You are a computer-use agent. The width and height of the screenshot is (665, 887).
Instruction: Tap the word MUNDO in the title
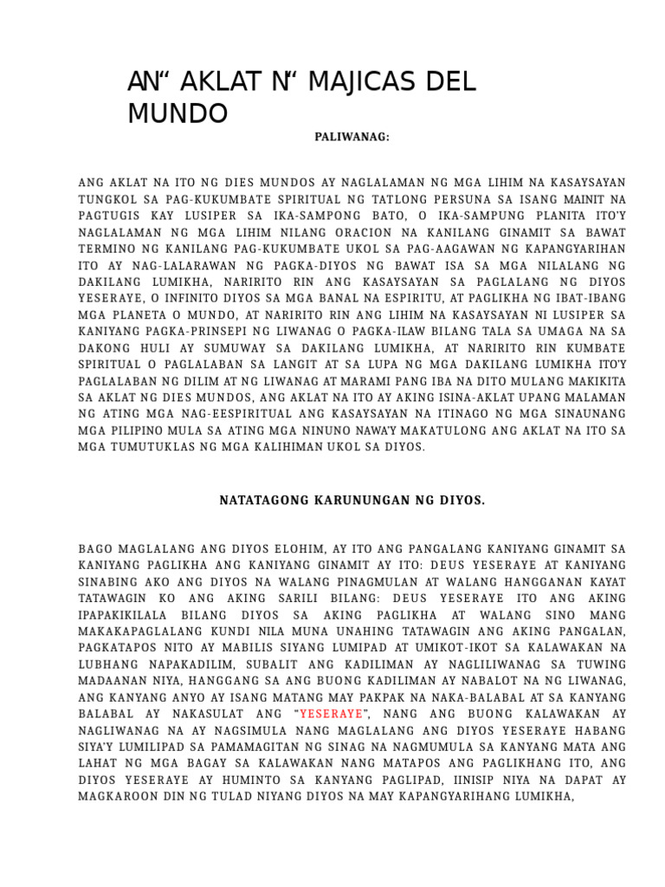pyautogui.click(x=178, y=113)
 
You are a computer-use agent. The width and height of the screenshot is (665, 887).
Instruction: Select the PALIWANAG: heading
pyautogui.click(x=352, y=137)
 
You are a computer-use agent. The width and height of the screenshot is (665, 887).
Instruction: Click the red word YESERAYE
pyautogui.click(x=332, y=714)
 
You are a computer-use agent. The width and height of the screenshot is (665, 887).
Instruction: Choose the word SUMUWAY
pyautogui.click(x=226, y=353)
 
